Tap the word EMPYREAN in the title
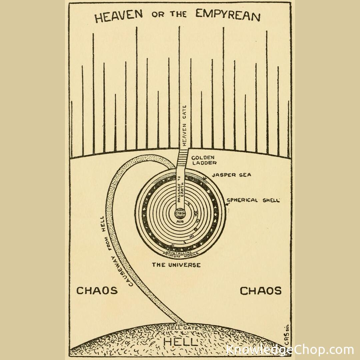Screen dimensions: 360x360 [x=227, y=15]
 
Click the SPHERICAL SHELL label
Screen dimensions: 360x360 [x=253, y=200]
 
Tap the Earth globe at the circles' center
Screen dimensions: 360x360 [x=180, y=213]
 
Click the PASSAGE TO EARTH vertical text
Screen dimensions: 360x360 [x=180, y=193]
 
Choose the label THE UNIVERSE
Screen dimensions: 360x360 [x=176, y=265]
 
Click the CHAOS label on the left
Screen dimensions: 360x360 [x=97, y=290]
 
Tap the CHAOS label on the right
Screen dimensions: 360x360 [x=261, y=291]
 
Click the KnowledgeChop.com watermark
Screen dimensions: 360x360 [x=289, y=350]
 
